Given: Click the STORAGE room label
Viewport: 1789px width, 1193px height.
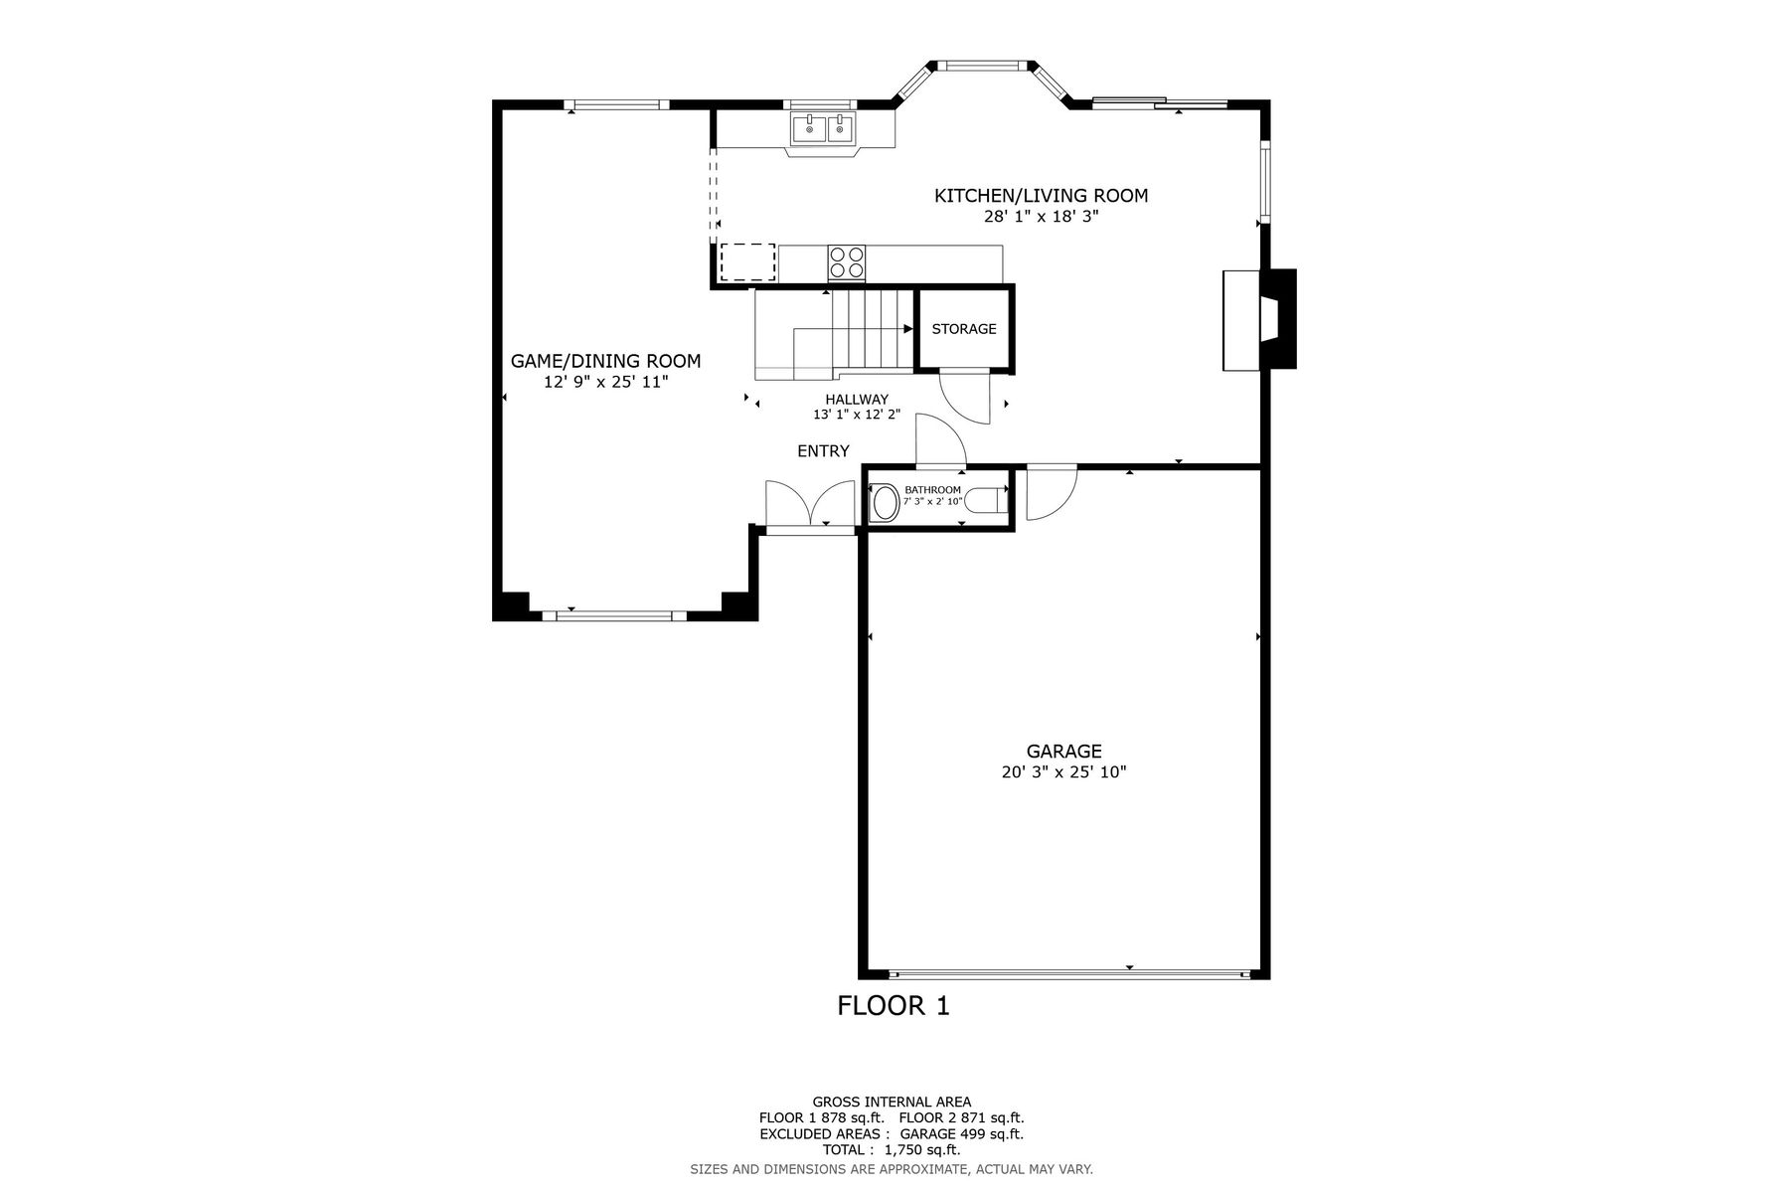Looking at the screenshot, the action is pos(963,329).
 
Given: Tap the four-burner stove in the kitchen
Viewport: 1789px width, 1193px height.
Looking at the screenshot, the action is pos(847,262).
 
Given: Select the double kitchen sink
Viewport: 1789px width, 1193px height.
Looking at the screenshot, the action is pos(824,129).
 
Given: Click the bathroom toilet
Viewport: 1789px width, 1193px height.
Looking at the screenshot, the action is pos(985,499).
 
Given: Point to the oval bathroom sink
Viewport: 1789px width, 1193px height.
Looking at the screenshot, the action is pos(883,502).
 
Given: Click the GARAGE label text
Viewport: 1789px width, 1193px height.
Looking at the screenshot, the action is pos(1063,752).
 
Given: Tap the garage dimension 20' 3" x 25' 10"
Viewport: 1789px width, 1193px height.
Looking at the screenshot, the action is pos(1063,772).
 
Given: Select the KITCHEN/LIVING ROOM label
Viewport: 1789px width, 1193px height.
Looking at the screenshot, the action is pos(1041,196).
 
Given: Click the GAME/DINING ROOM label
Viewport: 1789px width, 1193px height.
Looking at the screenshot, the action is pos(605,361).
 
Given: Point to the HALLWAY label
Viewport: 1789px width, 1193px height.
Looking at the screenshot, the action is pos(856,400).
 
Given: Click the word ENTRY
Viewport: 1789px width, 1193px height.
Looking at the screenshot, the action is pos(823,451).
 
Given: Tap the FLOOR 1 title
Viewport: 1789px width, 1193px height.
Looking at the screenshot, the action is pos(894,1006).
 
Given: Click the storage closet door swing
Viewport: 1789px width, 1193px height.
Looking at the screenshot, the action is pos(964,398).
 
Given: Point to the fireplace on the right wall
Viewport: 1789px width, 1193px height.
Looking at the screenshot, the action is pos(1260,319).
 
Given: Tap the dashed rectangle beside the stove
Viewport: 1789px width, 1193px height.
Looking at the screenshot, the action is pos(747,262).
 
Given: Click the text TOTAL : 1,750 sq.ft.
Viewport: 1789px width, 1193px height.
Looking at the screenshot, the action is pos(892,1150).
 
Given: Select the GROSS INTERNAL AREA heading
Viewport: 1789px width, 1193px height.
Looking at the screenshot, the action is pos(892,1102).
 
